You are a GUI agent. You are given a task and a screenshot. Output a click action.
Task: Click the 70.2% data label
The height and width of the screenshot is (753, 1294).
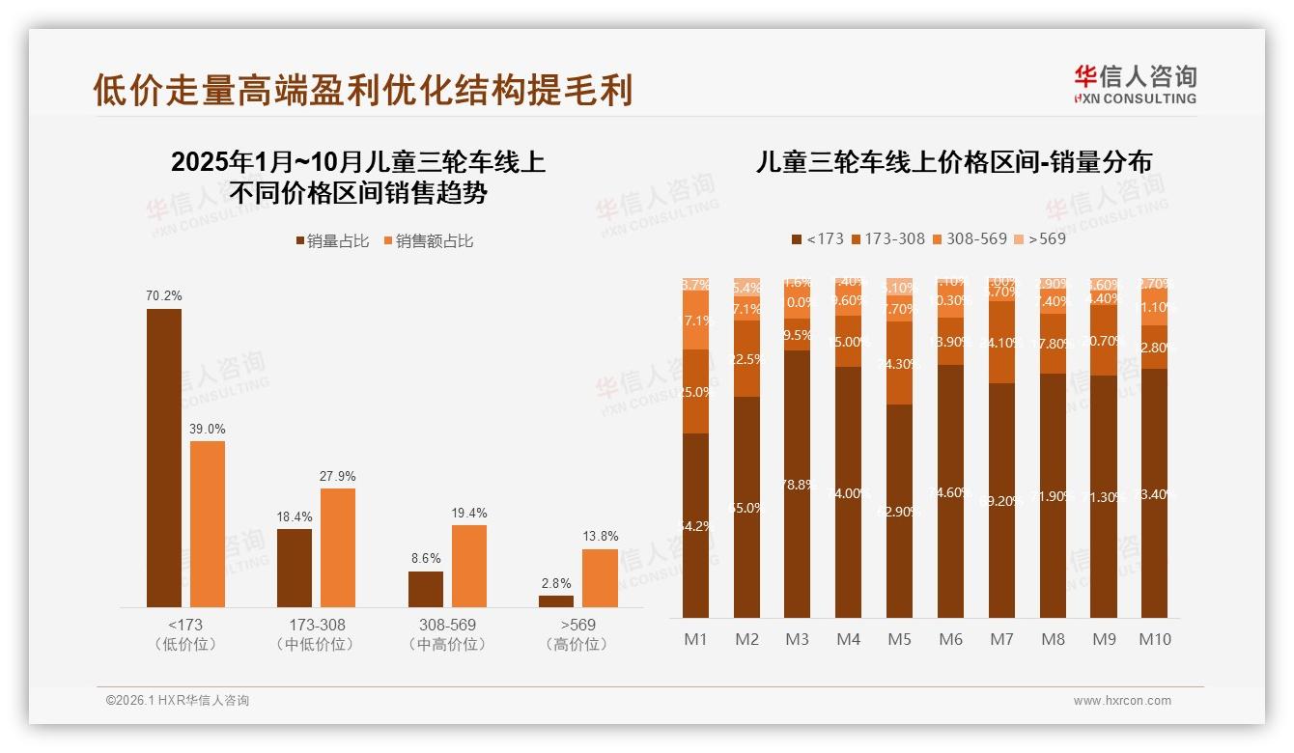pyautogui.click(x=163, y=295)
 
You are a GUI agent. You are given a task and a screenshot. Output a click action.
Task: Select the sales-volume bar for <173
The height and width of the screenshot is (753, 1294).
pyautogui.click(x=163, y=458)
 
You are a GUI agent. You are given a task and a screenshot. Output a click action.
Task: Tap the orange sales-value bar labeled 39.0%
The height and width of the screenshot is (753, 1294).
pyautogui.click(x=208, y=524)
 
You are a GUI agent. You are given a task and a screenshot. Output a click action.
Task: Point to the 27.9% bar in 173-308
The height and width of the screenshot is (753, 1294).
pyautogui.click(x=338, y=547)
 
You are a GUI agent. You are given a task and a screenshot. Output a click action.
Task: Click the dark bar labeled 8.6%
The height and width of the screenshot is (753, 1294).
pyautogui.click(x=426, y=589)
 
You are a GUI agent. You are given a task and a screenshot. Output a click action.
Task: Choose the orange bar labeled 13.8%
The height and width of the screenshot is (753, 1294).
pyautogui.click(x=600, y=578)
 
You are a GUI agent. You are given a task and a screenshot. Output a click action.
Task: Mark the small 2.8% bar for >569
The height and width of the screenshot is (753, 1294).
pyautogui.click(x=556, y=601)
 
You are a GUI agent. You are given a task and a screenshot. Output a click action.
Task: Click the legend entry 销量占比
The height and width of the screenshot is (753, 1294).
pyautogui.click(x=332, y=241)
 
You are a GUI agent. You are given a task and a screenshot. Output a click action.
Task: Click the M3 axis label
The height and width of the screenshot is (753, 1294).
pyautogui.click(x=798, y=639)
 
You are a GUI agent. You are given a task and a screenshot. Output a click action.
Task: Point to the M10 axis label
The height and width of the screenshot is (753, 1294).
pyautogui.click(x=1154, y=639)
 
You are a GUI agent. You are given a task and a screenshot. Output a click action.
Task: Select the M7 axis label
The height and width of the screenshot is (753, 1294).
pyautogui.click(x=1001, y=639)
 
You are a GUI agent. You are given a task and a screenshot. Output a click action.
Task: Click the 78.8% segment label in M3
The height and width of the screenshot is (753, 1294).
pyautogui.click(x=798, y=485)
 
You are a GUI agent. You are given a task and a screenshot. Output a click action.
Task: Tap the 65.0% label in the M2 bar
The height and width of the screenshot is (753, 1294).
pyautogui.click(x=746, y=508)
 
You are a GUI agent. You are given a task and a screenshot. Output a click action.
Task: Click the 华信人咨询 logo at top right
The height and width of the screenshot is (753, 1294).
pyautogui.click(x=1135, y=84)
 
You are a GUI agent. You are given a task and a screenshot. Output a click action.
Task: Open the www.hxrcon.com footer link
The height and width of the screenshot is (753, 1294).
pyautogui.click(x=1122, y=701)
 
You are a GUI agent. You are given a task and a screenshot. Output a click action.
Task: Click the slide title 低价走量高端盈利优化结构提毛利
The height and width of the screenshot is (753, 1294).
pyautogui.click(x=362, y=90)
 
